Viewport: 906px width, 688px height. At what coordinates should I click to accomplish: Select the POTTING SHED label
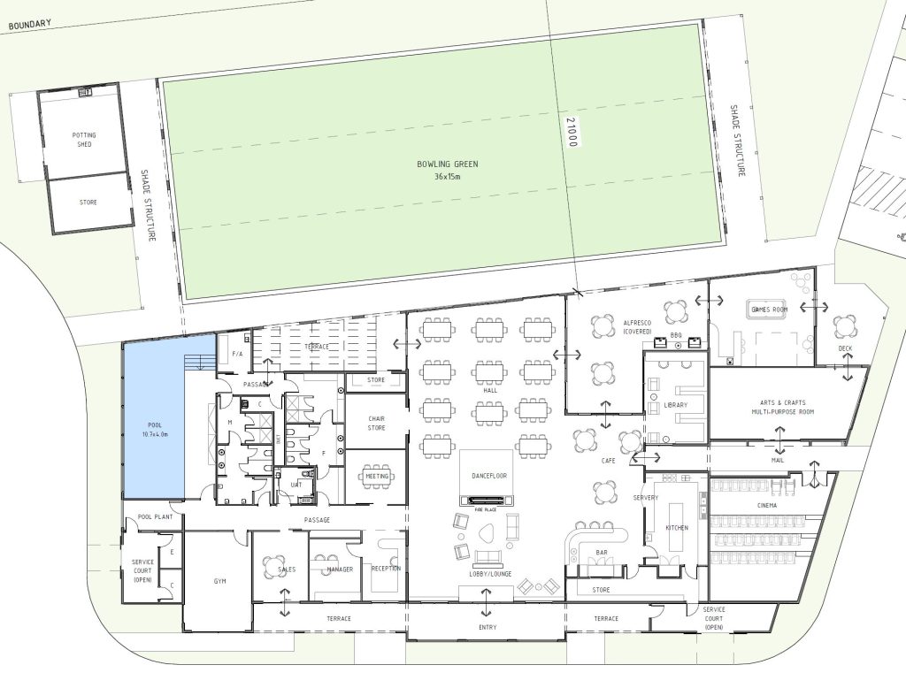(x=84, y=140)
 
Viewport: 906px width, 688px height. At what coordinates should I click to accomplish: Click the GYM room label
(x=220, y=582)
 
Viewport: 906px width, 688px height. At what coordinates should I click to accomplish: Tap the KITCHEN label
(x=677, y=528)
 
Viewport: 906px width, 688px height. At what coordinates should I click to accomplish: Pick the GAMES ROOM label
(x=768, y=310)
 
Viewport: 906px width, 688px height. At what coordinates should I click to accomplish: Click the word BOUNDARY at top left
(x=29, y=26)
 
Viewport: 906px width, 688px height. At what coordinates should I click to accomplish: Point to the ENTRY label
(x=487, y=628)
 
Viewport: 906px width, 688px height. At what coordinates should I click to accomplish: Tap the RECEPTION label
(x=386, y=569)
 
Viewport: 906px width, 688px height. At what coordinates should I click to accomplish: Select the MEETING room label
(x=378, y=476)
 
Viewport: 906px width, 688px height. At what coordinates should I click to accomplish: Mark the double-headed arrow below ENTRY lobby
(x=487, y=608)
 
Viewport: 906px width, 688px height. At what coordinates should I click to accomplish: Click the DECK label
(x=846, y=348)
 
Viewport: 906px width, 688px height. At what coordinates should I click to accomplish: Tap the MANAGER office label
(x=340, y=569)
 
